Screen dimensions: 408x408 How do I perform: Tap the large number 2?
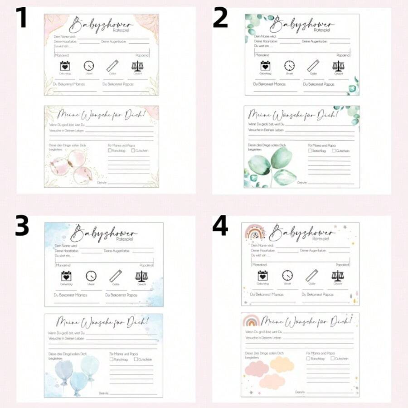click(220, 18)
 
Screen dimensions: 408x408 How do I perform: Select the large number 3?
click(22, 226)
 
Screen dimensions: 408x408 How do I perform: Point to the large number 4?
click(220, 226)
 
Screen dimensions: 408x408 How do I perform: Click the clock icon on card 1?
click(89, 66)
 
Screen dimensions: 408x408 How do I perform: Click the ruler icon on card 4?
click(312, 275)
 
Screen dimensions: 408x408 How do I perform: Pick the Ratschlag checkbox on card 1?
click(110, 150)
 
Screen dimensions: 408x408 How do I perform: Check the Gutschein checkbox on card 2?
click(334, 151)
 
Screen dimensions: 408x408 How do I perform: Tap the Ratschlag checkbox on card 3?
click(112, 359)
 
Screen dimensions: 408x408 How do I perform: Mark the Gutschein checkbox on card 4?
click(333, 358)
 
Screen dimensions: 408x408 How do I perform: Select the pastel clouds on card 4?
click(270, 370)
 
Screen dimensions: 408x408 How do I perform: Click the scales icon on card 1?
click(137, 66)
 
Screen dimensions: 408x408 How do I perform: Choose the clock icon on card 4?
click(287, 275)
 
